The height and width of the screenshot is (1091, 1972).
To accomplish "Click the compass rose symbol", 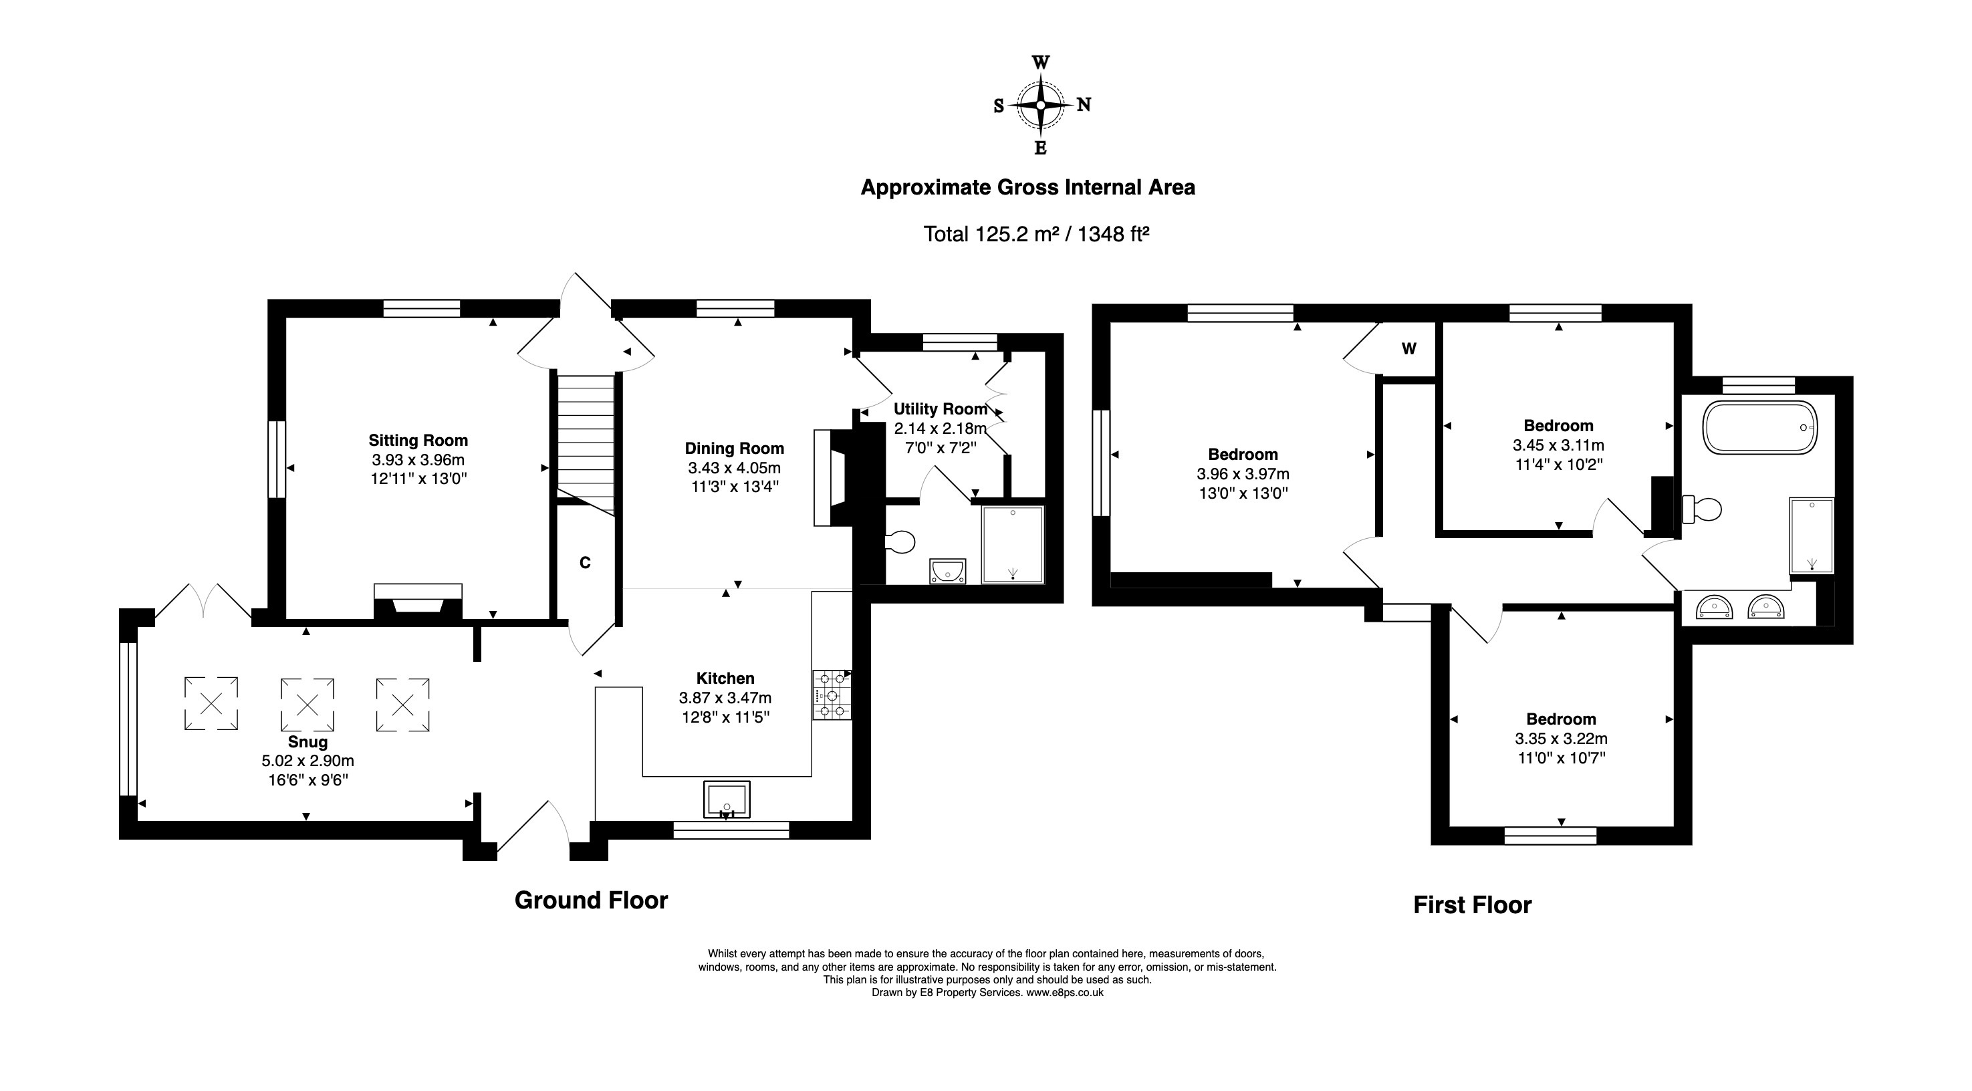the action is (x=1040, y=105).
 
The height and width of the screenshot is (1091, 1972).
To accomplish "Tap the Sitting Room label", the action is (x=418, y=441).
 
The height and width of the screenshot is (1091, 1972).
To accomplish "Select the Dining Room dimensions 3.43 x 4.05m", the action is (x=734, y=468).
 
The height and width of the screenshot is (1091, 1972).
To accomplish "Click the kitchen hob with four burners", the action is (x=832, y=695).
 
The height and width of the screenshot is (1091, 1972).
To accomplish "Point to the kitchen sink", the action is (x=727, y=800).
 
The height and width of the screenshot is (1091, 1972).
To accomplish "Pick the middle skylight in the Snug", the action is (x=307, y=703).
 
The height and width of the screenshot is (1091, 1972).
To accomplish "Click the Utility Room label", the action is (x=941, y=409).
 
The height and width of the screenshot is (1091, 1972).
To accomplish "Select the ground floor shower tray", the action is (x=1013, y=544).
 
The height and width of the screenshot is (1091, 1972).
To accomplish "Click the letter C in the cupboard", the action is (x=585, y=563).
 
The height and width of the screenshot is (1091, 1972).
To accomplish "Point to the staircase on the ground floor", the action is (x=586, y=444).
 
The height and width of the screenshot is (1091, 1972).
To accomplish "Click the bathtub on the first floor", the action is (x=1760, y=427).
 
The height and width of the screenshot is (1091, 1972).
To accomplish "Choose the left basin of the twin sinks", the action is (x=1714, y=607).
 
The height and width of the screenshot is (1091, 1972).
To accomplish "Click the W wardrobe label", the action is (x=1408, y=349).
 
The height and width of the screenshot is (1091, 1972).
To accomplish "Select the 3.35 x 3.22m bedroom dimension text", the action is (x=1561, y=739).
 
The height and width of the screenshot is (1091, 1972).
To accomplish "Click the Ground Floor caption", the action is (x=591, y=900).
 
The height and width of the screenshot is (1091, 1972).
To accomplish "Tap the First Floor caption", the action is (x=1472, y=905).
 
